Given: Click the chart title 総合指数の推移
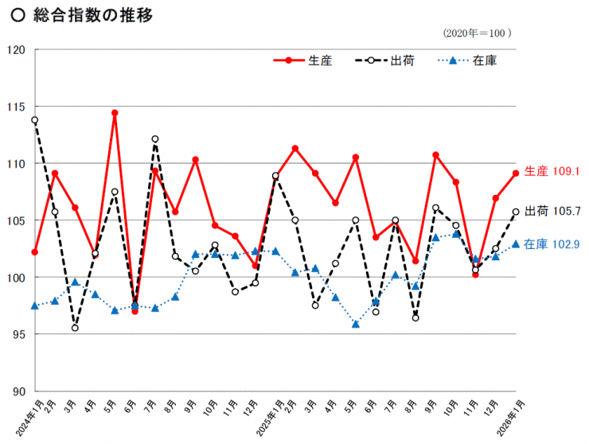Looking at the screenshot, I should click(93, 16).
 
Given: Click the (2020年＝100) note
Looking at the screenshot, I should click(477, 33).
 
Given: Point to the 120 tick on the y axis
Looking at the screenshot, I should click(16, 49).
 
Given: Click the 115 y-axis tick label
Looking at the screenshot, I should click(16, 107).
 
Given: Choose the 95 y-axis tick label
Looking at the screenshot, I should click(18, 334).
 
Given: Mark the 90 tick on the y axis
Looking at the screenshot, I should click(18, 391).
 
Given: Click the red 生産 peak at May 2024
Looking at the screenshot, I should click(115, 113).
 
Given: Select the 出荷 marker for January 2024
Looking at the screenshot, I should click(34, 120).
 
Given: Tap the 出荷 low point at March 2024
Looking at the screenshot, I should click(75, 328).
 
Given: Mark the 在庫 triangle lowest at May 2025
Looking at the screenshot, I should click(356, 324).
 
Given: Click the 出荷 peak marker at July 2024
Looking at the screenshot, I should click(155, 139).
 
